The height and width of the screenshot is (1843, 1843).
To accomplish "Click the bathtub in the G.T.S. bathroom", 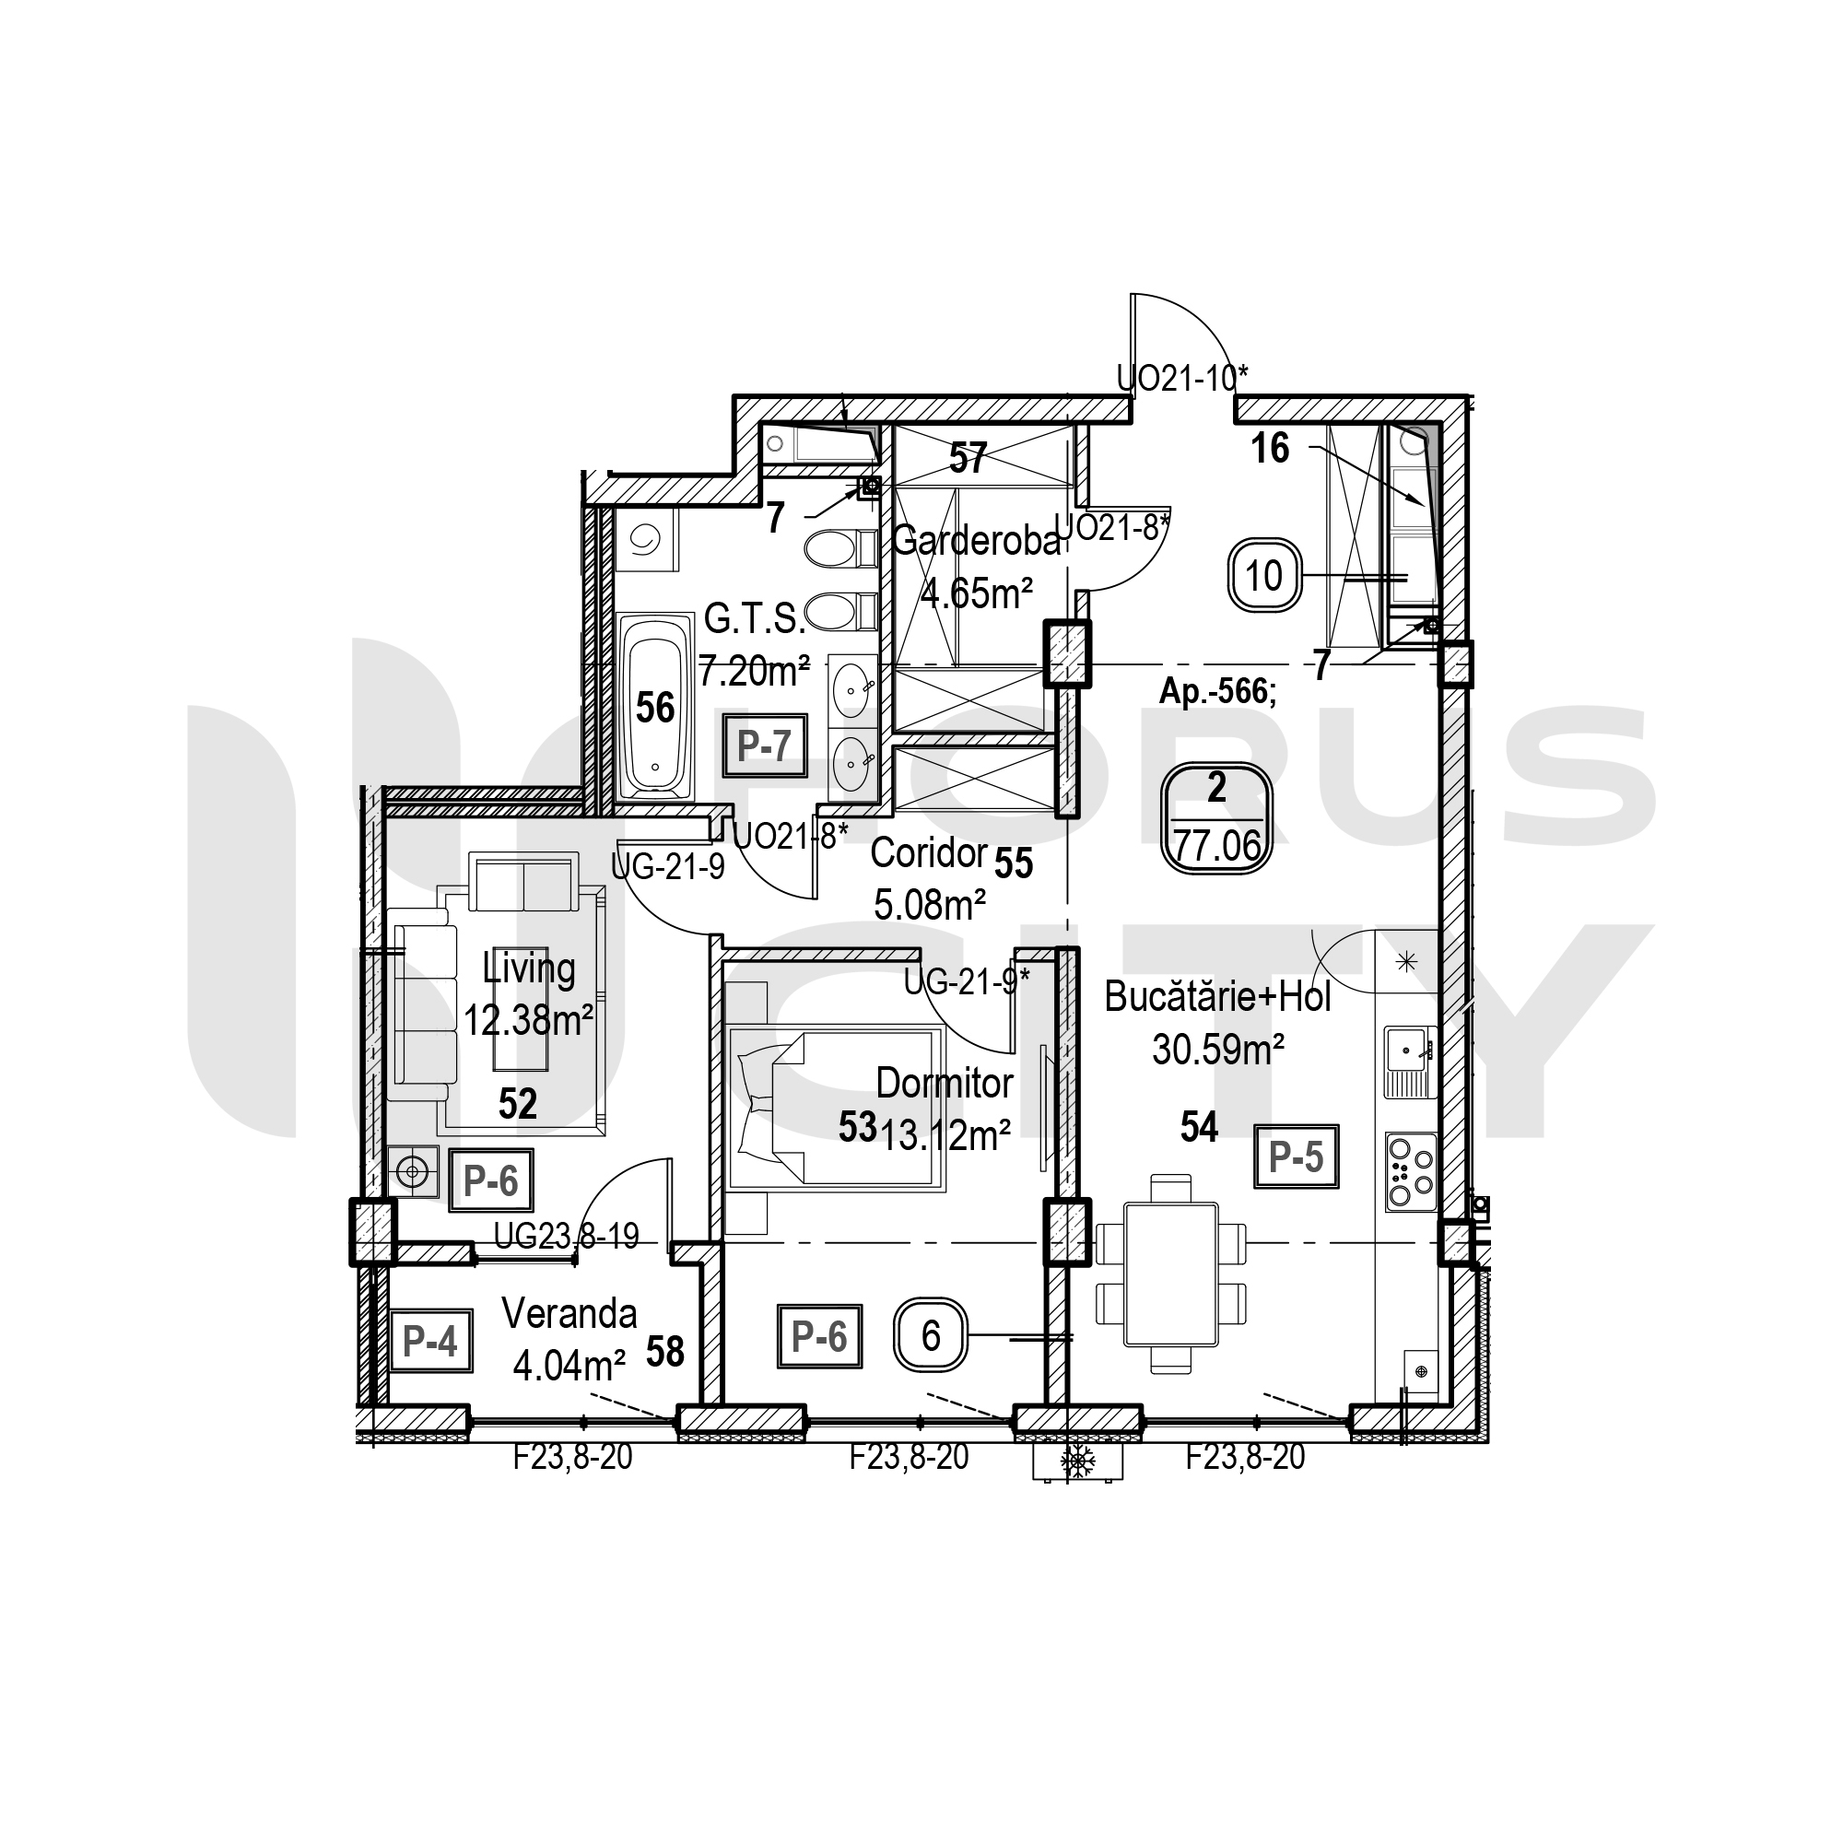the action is (655, 707).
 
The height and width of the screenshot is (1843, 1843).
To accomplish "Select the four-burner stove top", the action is (1411, 1172).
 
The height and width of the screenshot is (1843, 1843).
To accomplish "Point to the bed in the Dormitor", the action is (835, 1109).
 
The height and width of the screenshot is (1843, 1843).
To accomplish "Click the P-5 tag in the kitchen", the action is (1296, 1156).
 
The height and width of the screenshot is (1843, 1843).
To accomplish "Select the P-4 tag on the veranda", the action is (430, 1340).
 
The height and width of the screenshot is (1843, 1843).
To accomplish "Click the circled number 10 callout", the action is (1264, 576).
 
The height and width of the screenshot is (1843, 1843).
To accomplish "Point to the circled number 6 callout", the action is (931, 1335).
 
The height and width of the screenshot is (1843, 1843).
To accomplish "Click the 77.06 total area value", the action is (1217, 845).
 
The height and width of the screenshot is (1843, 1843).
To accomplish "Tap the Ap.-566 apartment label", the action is (1217, 690).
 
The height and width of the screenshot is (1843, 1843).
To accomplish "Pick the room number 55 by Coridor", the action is (1013, 863).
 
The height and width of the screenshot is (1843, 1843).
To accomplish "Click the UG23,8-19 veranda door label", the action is (567, 1238).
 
